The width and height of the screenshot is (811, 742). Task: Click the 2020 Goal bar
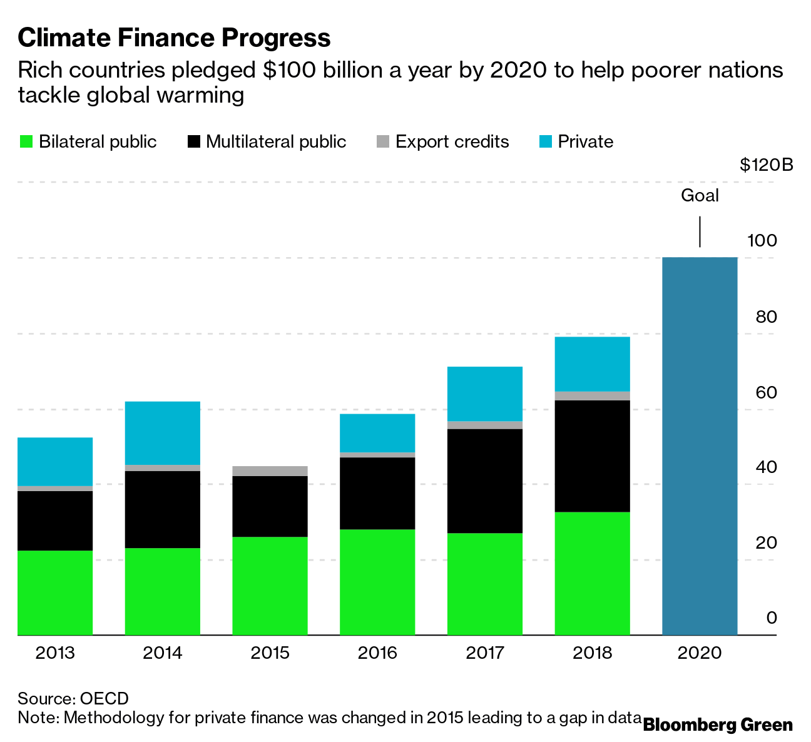click(x=700, y=445)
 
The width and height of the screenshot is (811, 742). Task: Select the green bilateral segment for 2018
click(x=592, y=573)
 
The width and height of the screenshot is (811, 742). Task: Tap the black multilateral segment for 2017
click(x=485, y=480)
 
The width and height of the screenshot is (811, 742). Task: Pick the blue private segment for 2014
click(x=163, y=433)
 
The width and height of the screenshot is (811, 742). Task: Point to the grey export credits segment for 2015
click(x=270, y=471)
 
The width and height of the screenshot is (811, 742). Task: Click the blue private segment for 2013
click(x=55, y=461)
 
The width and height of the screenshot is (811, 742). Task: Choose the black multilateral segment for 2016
click(x=377, y=493)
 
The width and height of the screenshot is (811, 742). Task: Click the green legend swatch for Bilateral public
click(x=26, y=142)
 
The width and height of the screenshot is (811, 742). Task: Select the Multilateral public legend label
click(x=276, y=142)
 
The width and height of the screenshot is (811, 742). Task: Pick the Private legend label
click(x=585, y=142)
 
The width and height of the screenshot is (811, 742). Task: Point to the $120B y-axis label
click(x=766, y=165)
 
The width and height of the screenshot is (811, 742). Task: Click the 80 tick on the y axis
click(x=766, y=317)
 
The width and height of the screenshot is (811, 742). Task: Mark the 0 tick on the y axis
click(x=771, y=618)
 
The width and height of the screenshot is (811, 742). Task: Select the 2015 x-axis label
click(x=270, y=653)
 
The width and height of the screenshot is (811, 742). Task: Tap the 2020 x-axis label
click(x=700, y=653)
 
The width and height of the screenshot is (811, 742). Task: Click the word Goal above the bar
click(x=700, y=196)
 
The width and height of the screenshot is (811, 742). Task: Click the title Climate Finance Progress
click(x=174, y=38)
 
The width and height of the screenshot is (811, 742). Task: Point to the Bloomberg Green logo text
click(x=718, y=725)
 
